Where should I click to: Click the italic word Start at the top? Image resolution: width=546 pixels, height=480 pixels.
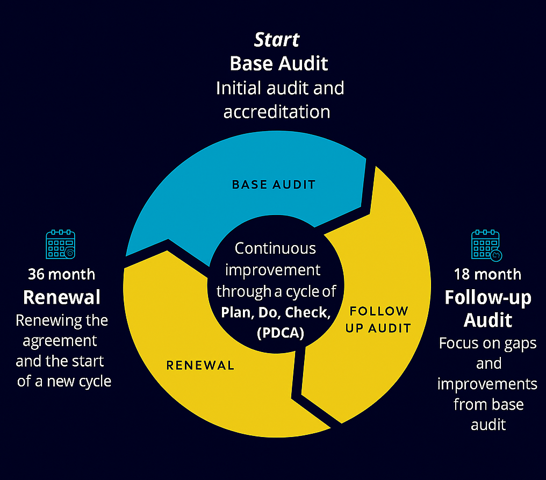click(277, 39)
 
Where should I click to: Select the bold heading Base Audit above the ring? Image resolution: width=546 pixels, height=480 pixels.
click(279, 63)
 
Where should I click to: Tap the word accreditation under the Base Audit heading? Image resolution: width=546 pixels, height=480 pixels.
click(277, 112)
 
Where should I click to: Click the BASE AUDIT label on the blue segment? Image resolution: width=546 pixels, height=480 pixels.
click(274, 185)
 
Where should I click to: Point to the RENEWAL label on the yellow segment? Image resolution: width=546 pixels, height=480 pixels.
click(200, 366)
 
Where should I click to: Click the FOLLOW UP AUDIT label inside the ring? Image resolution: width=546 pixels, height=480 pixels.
click(378, 319)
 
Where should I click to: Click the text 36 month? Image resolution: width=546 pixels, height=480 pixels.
click(61, 274)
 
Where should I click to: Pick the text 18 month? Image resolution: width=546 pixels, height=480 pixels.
click(487, 274)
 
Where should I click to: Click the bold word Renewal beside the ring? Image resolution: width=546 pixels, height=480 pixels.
click(62, 297)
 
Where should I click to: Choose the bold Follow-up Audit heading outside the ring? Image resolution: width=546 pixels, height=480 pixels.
click(488, 309)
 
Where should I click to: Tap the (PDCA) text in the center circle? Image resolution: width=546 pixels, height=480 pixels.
click(281, 333)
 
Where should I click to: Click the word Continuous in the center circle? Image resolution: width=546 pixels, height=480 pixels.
click(276, 248)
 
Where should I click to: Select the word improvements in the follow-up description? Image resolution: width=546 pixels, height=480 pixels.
click(487, 384)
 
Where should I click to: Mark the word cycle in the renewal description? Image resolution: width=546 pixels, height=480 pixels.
click(94, 381)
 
